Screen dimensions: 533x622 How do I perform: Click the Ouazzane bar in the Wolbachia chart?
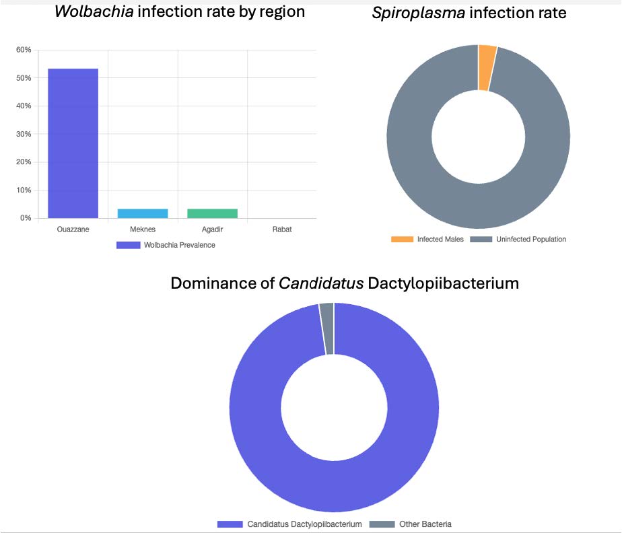pos(73,143)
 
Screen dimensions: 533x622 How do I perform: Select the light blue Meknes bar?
pos(143,213)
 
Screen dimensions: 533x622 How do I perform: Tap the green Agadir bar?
pos(212,213)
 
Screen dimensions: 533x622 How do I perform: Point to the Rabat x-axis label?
pos(281,229)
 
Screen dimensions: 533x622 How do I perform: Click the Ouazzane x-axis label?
pos(73,229)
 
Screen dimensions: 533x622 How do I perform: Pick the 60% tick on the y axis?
pos(24,50)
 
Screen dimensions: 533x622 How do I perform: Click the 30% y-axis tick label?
pos(24,134)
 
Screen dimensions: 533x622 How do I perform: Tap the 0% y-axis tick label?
pos(26,218)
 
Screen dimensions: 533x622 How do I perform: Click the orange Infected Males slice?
pos(487,67)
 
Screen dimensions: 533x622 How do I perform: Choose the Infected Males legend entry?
pos(427,239)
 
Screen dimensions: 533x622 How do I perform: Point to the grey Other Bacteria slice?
pos(327,328)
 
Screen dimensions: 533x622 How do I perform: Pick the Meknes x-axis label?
pos(143,229)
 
